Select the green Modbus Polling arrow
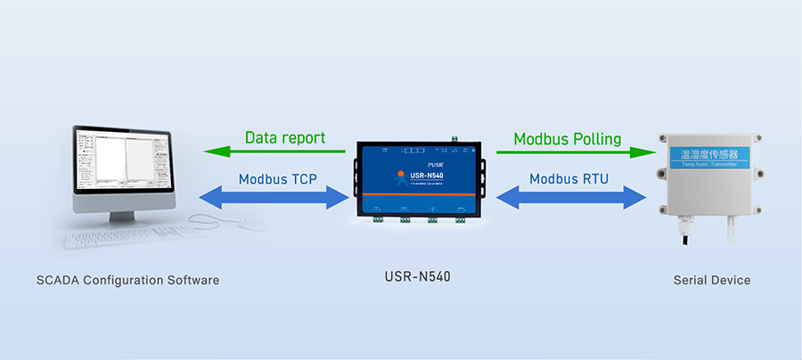(570, 152)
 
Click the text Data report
(285, 138)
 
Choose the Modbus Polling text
(568, 139)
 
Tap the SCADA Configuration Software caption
(127, 280)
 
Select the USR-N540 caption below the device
(411, 276)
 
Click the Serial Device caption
(712, 280)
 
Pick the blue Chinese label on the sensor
(713, 155)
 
